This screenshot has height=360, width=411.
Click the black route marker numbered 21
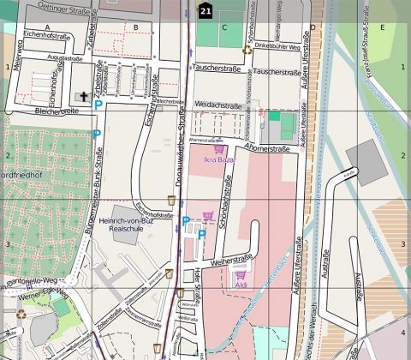point(205,10)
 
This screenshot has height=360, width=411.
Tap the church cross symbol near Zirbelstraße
point(83,97)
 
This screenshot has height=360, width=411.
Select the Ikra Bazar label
point(219,159)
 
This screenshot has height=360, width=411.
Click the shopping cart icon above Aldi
point(240,275)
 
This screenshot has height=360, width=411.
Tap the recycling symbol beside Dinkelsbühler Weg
point(247,49)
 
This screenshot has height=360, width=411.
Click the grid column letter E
point(382,27)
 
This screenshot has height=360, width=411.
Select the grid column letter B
point(135,27)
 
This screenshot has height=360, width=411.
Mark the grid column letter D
point(313,27)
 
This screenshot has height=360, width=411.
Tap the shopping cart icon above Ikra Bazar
point(219,148)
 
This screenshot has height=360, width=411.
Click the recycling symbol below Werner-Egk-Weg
point(21,314)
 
